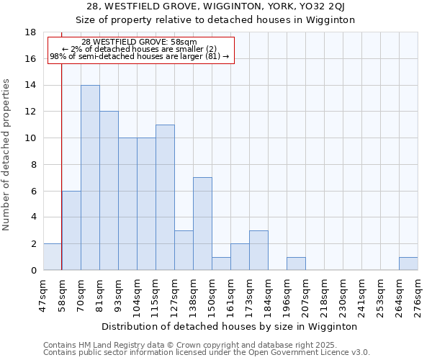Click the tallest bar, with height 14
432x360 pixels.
[x=90, y=177]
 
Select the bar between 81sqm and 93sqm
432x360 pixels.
[x=109, y=191]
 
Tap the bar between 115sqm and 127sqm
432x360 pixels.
[x=165, y=197]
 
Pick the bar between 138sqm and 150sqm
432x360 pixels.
[x=202, y=224]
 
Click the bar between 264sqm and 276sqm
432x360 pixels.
[x=408, y=264]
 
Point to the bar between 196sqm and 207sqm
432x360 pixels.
[x=296, y=264]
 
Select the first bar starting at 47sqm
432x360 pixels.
[x=53, y=257]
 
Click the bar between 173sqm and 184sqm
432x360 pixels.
[x=258, y=251]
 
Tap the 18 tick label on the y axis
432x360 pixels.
[x=30, y=32]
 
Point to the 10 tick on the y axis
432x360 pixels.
[x=30, y=138]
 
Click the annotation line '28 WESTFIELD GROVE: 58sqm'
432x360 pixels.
[x=139, y=42]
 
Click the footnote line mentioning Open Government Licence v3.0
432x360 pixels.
[x=207, y=353]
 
